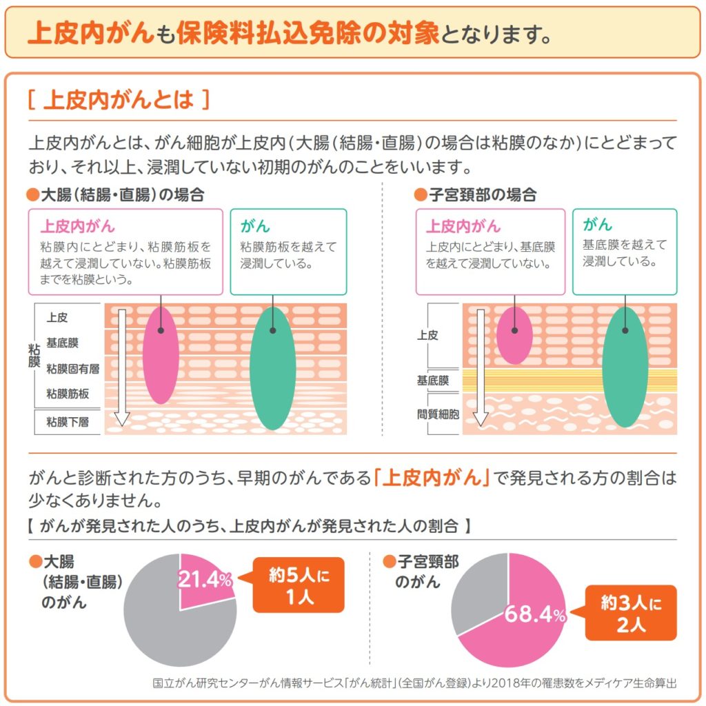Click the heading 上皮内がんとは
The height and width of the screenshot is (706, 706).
tap(118, 101)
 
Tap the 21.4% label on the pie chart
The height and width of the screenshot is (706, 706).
tap(204, 581)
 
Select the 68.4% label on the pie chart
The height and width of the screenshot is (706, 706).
tap(534, 614)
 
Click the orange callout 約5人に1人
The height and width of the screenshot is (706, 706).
tap(299, 585)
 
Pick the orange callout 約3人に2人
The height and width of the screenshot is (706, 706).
tap(631, 613)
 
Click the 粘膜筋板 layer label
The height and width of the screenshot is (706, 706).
tap(68, 394)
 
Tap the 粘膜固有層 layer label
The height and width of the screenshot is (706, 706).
tap(72, 369)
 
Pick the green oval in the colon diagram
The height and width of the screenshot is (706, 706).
tap(272, 369)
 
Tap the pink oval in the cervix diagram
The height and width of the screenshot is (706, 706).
tap(514, 336)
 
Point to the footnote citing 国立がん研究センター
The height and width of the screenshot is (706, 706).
tap(414, 684)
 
